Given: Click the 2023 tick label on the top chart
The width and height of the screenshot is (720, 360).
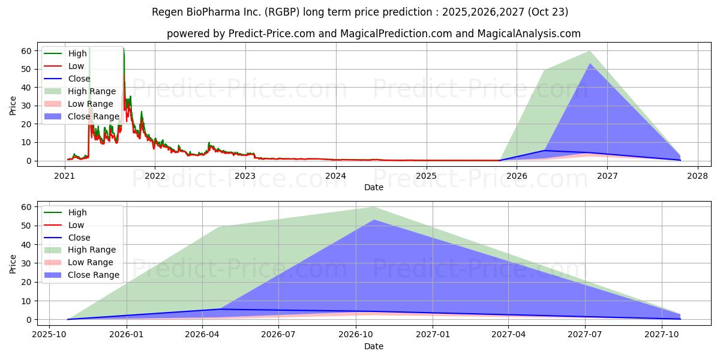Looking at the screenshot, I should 245,176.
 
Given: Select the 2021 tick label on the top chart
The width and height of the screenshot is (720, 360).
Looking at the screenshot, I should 64,176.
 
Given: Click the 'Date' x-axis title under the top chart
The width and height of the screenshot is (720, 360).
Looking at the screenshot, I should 373,187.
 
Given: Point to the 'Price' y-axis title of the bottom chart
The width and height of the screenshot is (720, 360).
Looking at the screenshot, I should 13,264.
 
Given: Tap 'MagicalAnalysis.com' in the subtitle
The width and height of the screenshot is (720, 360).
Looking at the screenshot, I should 529,34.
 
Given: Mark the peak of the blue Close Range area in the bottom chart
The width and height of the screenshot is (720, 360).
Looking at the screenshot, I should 373,220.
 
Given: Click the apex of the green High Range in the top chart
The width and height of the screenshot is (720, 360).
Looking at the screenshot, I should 590,51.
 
